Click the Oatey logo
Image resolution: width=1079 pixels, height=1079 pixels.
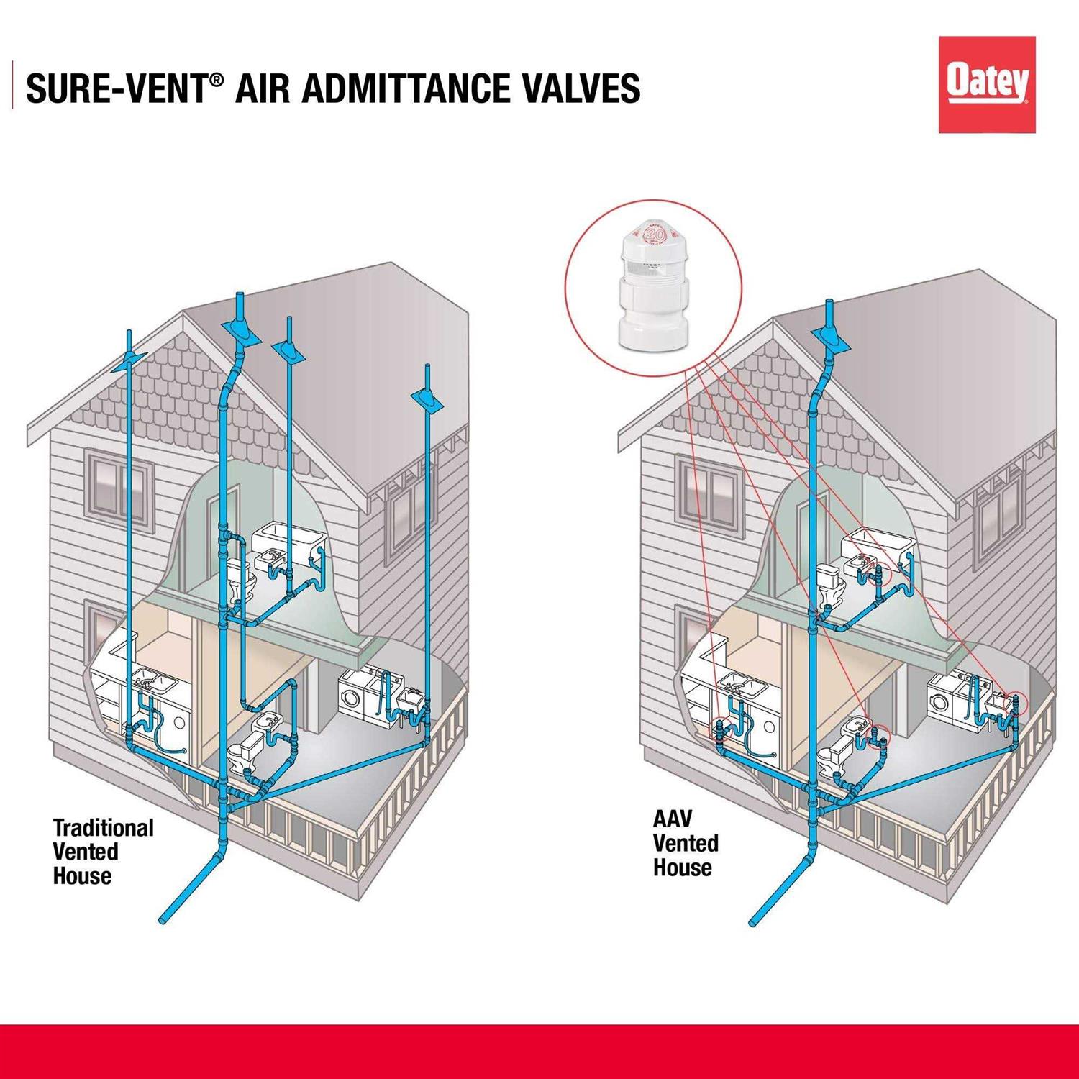coord(986,85)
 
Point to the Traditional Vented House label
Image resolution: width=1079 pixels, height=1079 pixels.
coord(103,852)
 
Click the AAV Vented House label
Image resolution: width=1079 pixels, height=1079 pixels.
coord(685,843)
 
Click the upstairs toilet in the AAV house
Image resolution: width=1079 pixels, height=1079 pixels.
coord(833,583)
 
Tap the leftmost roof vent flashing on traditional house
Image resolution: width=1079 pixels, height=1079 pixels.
coord(129,361)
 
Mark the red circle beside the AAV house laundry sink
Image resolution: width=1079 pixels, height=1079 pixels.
coord(1015,698)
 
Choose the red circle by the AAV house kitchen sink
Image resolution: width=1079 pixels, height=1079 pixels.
coord(721,728)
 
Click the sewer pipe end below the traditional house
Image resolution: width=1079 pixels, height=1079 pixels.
coord(165,919)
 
